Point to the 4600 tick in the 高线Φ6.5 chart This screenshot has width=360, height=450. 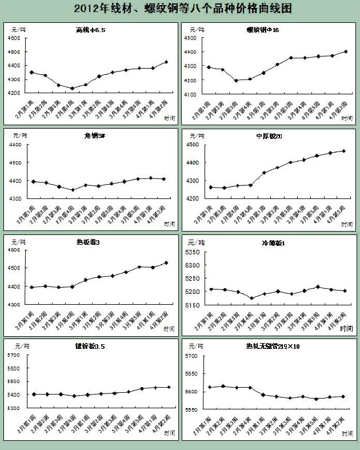(x=13, y=38)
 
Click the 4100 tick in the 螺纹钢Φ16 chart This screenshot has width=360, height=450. (x=190, y=94)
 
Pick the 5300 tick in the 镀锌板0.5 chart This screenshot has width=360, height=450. (x=13, y=408)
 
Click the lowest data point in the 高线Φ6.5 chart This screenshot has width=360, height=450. (x=72, y=88)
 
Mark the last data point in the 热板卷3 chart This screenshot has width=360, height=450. (x=166, y=263)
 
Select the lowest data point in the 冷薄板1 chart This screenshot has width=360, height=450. (x=251, y=298)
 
